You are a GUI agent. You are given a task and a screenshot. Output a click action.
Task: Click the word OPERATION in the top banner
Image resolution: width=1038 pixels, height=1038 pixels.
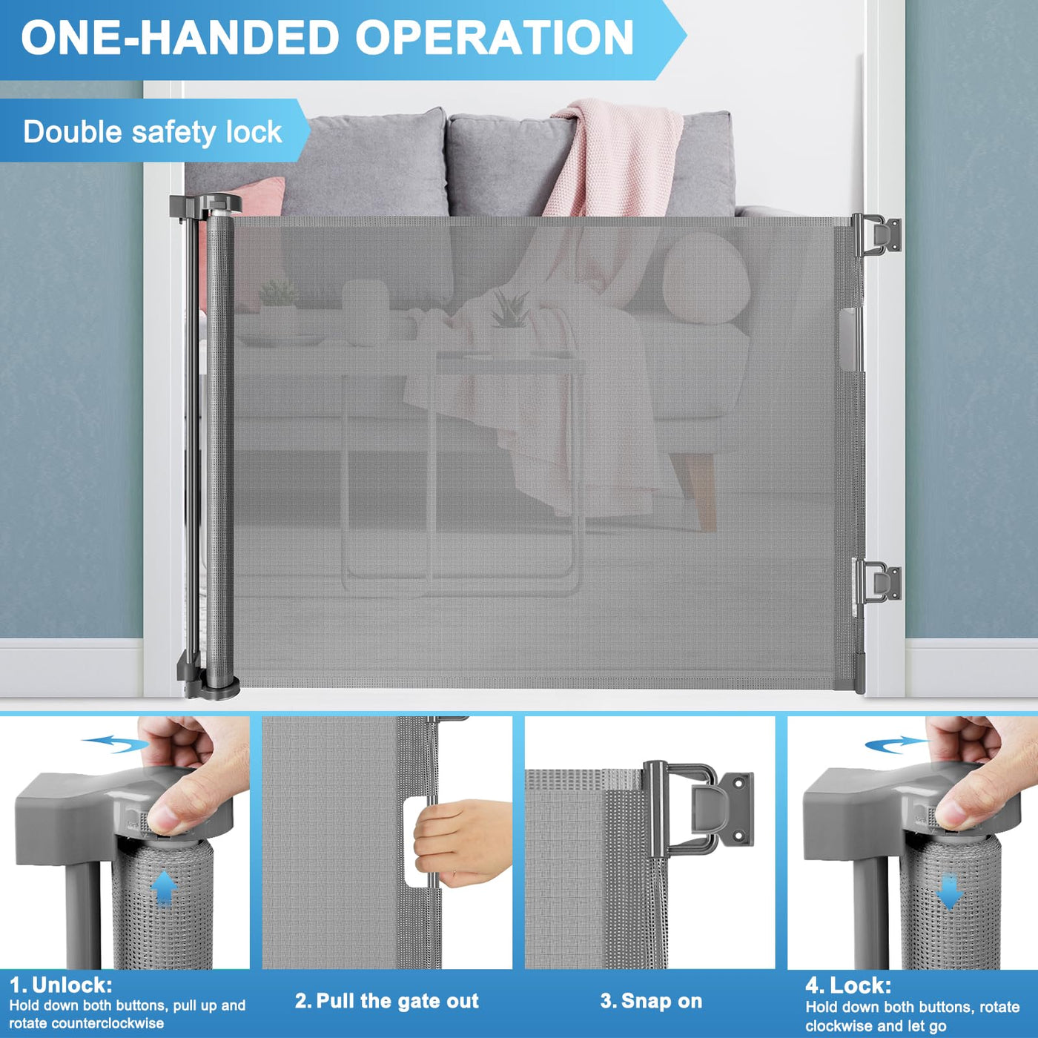(494, 37)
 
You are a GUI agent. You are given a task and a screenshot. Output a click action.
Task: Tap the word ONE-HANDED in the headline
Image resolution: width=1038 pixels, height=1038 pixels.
(180, 37)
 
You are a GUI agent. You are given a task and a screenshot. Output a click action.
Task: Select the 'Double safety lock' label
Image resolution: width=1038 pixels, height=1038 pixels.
(153, 131)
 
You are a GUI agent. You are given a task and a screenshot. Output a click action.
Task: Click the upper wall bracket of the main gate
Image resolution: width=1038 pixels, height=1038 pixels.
(877, 234)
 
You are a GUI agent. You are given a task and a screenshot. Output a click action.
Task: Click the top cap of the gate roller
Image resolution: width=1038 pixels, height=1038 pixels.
(206, 205)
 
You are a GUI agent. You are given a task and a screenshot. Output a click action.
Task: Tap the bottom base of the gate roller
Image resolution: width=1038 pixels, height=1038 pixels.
(209, 683)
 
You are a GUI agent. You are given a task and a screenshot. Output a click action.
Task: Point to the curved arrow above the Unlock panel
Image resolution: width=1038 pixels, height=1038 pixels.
(115, 744)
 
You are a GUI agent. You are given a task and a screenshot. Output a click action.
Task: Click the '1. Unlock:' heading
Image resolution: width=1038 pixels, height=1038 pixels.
(62, 985)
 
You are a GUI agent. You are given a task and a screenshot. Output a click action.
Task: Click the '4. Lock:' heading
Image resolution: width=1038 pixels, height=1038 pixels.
(848, 986)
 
